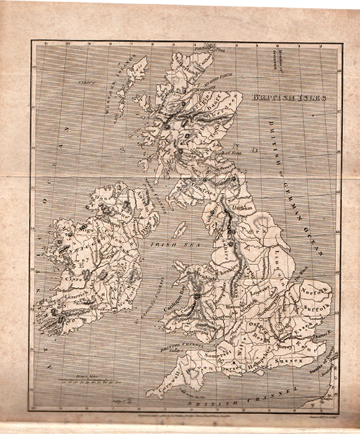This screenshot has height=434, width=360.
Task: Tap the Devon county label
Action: pyautogui.click(x=194, y=369)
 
